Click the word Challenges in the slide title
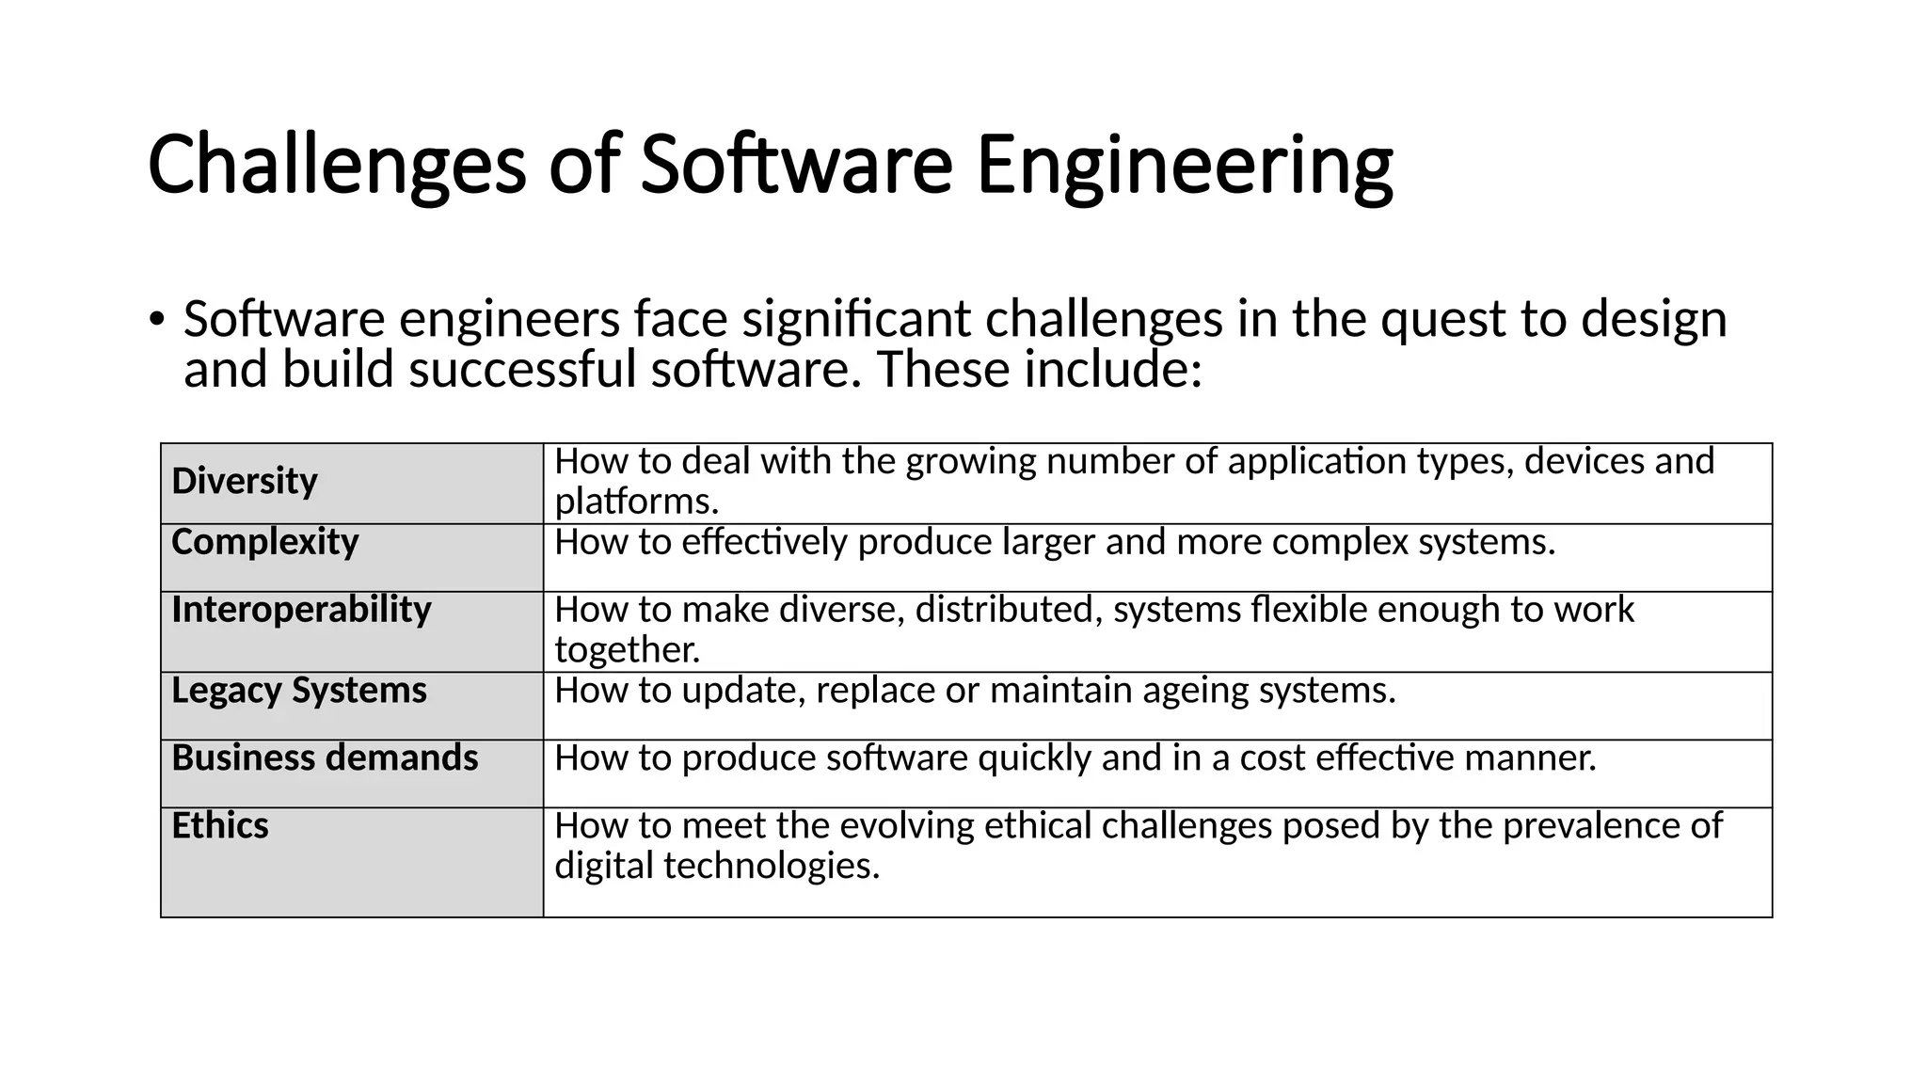coord(336,166)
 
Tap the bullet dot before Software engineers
coord(156,319)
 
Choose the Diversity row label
coord(245,481)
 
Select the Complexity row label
coord(265,542)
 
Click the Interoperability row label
coord(301,610)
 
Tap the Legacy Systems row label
coord(299,691)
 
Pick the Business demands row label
coord(325,758)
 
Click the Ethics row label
coord(220,826)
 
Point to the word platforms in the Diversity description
coord(636,502)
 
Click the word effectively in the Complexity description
coord(764,543)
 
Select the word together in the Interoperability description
coord(627,650)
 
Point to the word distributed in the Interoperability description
coord(1008,610)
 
